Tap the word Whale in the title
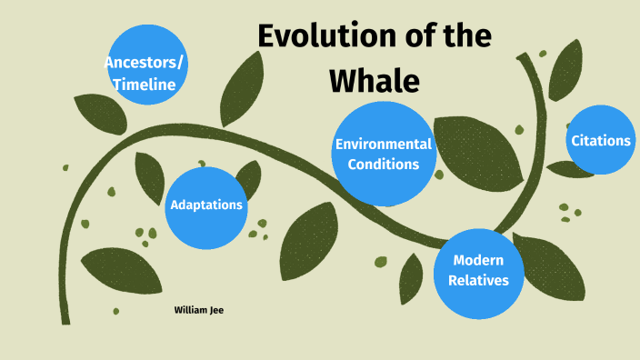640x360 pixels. click(x=375, y=81)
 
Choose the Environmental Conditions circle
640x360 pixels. click(x=383, y=154)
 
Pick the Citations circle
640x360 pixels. click(x=600, y=141)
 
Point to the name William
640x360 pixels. click(x=191, y=310)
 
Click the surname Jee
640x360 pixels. click(x=216, y=310)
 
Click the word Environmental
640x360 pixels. click(x=383, y=145)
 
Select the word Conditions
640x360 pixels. click(x=383, y=165)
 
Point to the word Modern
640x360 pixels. click(x=479, y=260)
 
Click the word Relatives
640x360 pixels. click(x=479, y=280)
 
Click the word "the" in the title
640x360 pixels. click(x=465, y=36)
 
